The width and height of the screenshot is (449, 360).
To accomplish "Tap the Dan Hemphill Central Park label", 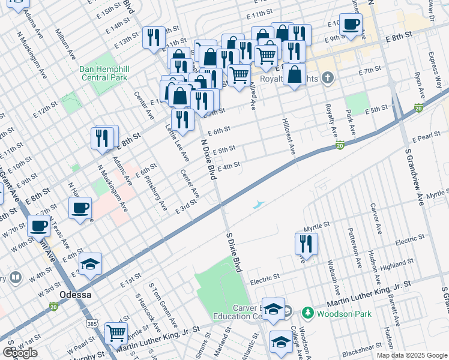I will click(x=103, y=73).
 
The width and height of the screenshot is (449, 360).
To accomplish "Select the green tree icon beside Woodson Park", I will click(x=308, y=313).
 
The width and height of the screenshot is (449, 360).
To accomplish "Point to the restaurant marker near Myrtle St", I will click(x=306, y=244).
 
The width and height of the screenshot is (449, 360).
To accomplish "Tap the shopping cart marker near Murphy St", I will click(x=116, y=333).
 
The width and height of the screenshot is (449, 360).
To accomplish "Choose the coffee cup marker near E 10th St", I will click(x=351, y=25).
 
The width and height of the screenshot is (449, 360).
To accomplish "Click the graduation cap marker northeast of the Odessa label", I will click(x=90, y=264).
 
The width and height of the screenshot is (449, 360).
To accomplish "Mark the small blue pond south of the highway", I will click(x=258, y=205).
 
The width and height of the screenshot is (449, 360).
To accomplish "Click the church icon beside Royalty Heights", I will click(x=327, y=77).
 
